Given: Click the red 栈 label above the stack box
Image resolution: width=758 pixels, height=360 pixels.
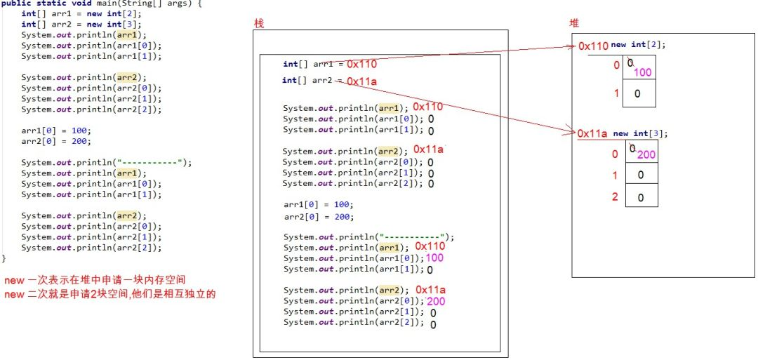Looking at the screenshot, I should [x=258, y=23].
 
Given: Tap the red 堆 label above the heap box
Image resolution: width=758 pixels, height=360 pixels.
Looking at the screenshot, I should [x=574, y=23].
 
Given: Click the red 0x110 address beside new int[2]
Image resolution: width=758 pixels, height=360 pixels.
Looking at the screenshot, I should [x=593, y=46].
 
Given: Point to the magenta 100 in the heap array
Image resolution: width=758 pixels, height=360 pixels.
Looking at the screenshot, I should [x=643, y=72].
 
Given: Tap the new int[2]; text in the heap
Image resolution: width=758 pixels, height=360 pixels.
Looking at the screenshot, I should [x=638, y=45].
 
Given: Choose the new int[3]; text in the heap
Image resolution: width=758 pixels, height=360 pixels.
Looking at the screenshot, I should [x=641, y=133].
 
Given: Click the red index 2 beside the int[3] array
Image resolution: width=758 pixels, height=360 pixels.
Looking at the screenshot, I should [x=615, y=196].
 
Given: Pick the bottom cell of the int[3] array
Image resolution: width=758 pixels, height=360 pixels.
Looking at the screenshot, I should [x=640, y=197].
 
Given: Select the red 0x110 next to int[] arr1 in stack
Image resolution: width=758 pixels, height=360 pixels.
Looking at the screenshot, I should [x=361, y=64].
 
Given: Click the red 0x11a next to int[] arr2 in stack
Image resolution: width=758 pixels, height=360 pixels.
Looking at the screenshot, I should [x=362, y=81].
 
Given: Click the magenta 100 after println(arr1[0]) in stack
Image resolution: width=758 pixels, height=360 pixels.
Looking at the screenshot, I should [x=434, y=258].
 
